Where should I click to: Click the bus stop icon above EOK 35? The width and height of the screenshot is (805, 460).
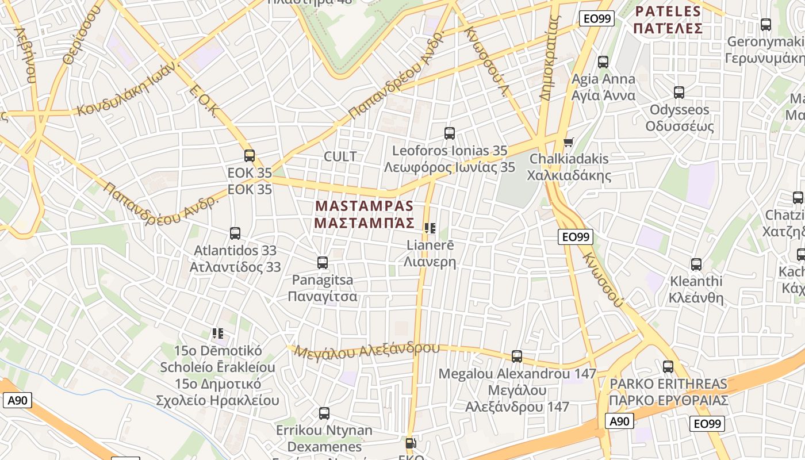250,156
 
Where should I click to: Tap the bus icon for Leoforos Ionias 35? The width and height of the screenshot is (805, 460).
450,133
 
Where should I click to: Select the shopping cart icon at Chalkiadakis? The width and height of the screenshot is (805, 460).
569,141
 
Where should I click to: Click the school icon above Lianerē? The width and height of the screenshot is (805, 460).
430,228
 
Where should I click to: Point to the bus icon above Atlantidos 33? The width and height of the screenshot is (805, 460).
235,233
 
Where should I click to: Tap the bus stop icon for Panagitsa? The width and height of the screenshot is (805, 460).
323,263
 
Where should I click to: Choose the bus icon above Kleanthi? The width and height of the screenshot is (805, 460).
696,264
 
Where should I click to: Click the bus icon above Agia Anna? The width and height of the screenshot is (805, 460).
603,62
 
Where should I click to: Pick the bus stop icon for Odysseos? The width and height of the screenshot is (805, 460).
679,93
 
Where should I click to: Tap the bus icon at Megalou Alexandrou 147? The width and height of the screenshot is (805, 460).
517,356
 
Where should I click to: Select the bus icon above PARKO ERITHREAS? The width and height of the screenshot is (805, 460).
668,367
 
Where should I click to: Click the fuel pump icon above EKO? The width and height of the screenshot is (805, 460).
411,443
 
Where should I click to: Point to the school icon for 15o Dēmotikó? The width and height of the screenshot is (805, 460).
217,333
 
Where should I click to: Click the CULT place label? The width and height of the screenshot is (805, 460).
340,156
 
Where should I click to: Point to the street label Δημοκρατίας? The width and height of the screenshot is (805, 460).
550,57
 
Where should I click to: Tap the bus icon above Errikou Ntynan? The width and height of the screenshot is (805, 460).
324,413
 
